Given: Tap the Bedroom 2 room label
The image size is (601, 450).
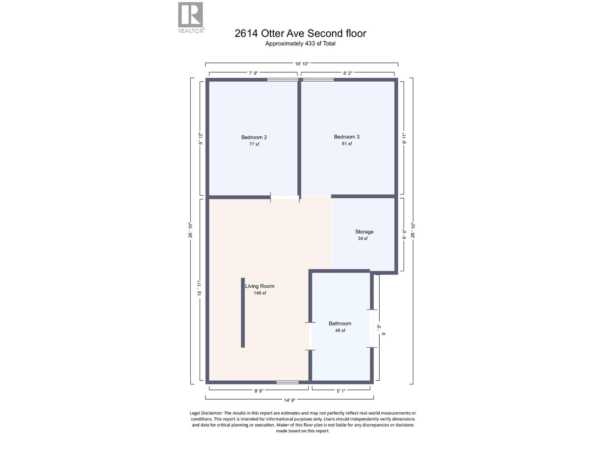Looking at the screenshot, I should [254, 137].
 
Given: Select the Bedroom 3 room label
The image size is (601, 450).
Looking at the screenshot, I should [346, 137].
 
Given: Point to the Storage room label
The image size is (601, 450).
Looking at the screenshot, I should [364, 232].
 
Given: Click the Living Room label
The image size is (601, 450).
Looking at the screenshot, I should [260, 286].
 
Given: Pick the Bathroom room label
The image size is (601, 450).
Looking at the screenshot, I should [340, 324].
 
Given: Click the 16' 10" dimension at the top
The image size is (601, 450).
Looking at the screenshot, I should [302, 64].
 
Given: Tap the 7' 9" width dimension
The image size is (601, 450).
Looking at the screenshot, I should [253, 73].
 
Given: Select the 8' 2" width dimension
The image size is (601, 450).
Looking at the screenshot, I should [347, 73].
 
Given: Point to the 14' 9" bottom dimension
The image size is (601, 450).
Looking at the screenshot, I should [289, 400].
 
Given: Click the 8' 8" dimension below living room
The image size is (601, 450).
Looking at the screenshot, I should [258, 391].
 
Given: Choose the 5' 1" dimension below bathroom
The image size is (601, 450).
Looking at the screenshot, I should [341, 391].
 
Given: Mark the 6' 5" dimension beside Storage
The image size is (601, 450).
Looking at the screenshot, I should [404, 234].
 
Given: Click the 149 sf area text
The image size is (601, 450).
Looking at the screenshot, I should [260, 293].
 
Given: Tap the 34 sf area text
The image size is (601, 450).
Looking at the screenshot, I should [362, 238].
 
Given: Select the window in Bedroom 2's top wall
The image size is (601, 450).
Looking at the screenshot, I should [282, 79].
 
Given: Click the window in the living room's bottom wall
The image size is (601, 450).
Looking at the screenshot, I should [287, 382].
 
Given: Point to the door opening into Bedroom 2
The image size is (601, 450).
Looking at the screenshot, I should [285, 197].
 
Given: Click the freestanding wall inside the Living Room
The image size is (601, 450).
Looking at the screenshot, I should [243, 312].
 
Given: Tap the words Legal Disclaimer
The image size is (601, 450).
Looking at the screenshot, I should [206, 413].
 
